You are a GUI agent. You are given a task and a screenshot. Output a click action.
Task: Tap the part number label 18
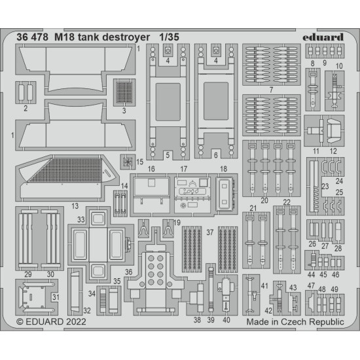pyautogui.click(x=223, y=168)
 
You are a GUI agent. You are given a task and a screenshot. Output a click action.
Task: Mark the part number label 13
pyautogui.click(x=76, y=206)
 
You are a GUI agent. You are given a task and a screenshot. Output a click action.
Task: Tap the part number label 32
pyautogui.click(x=87, y=310)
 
